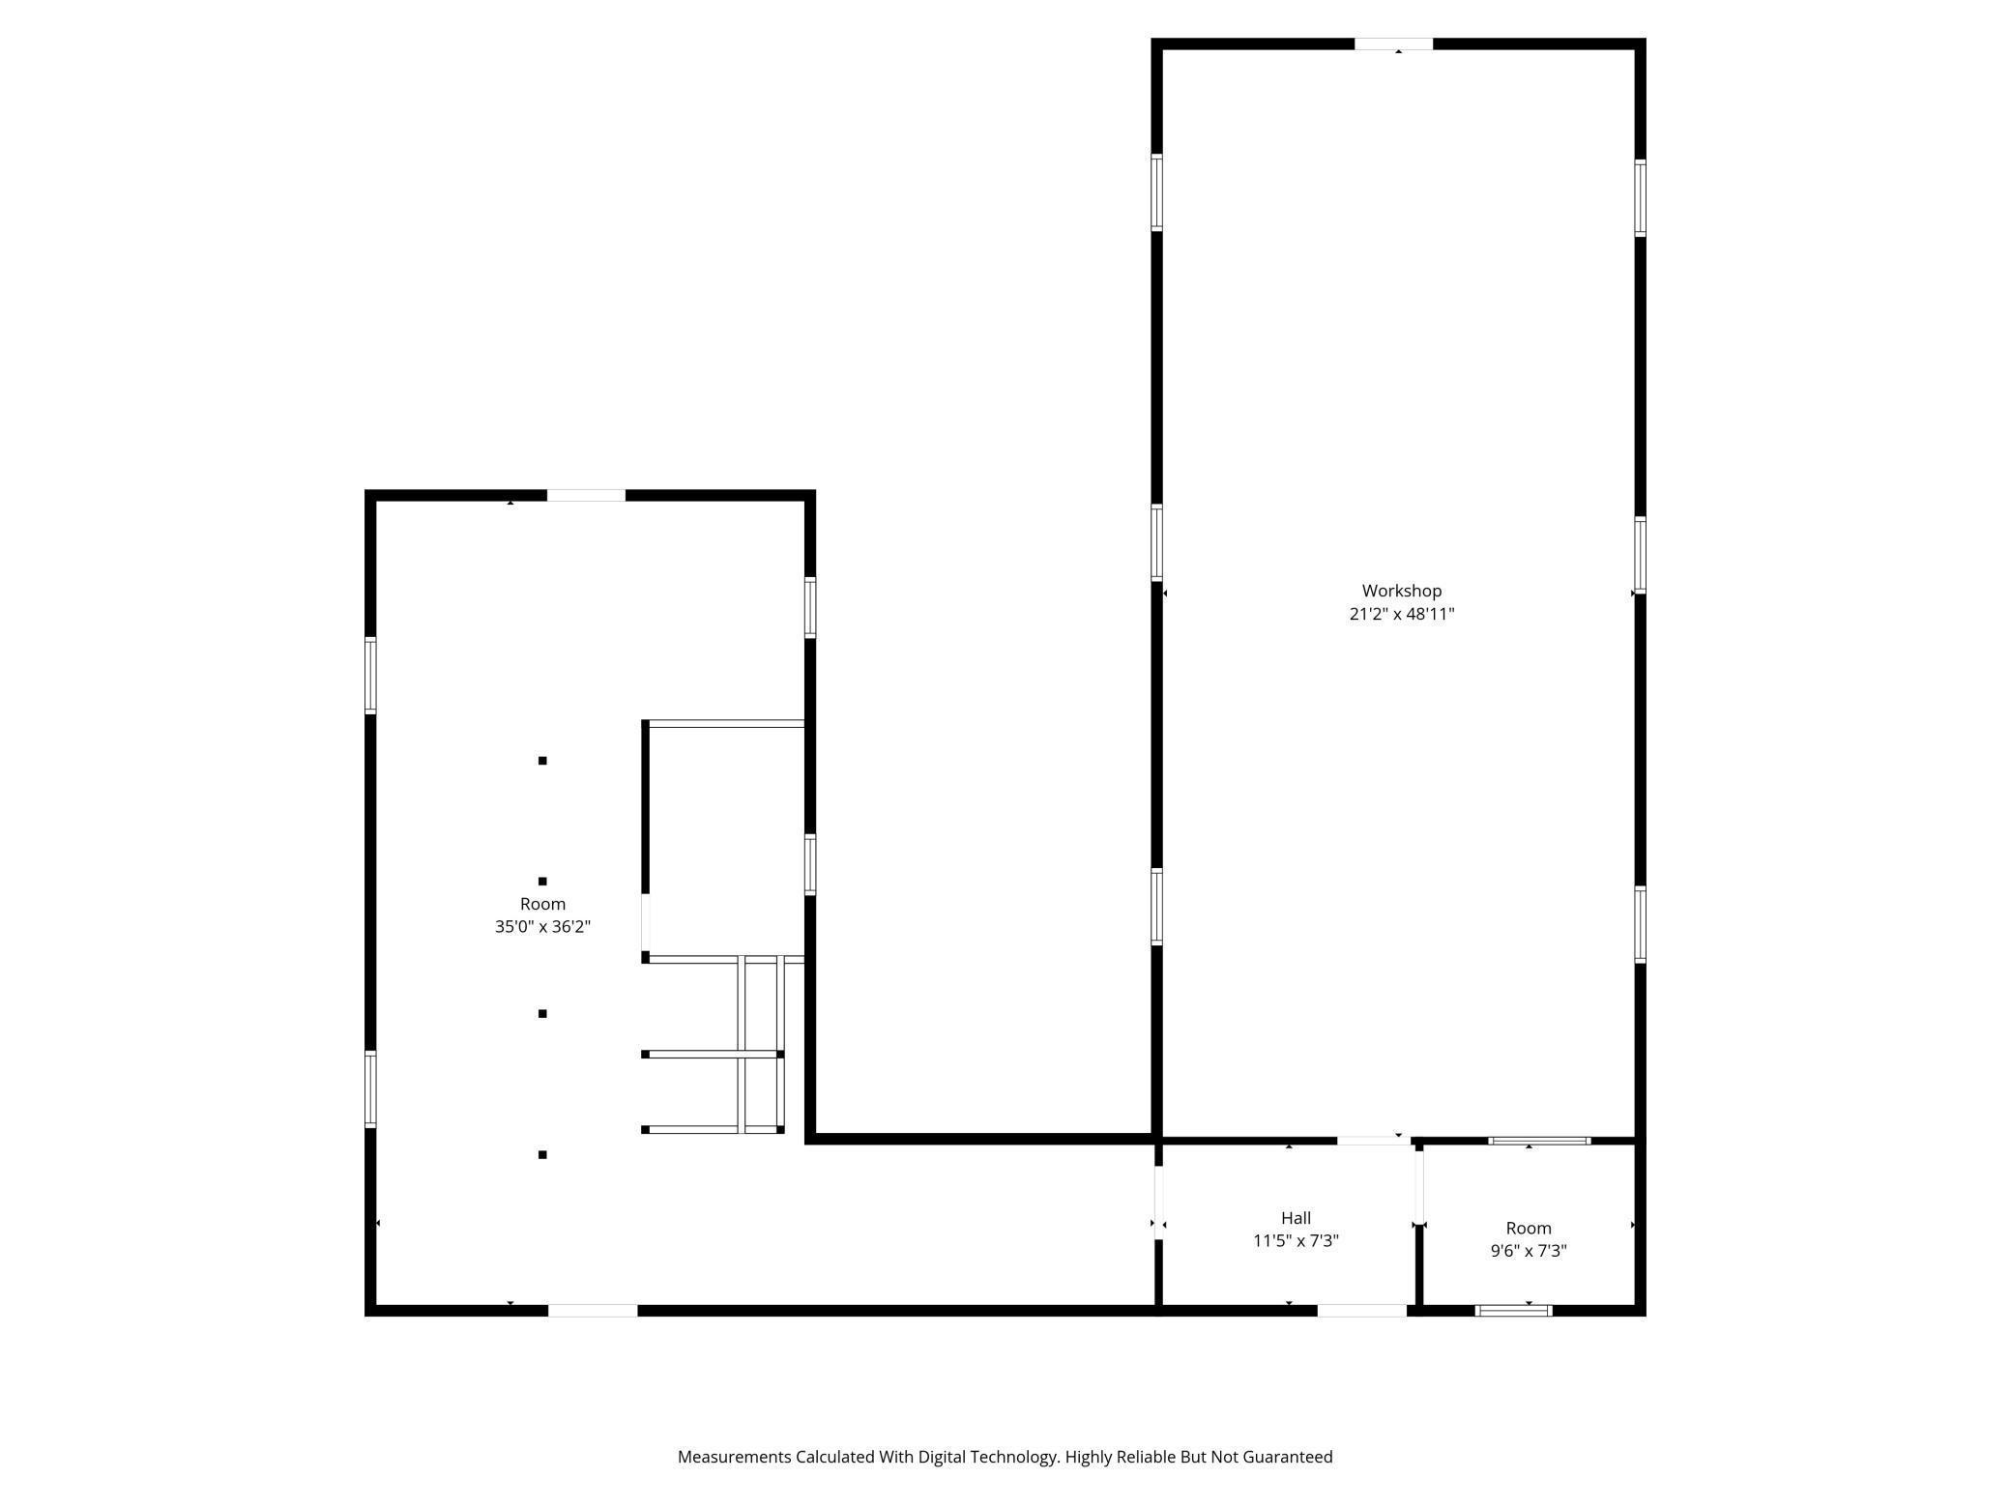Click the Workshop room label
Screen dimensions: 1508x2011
pyautogui.click(x=1401, y=591)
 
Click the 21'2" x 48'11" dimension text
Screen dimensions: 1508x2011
pyautogui.click(x=1401, y=614)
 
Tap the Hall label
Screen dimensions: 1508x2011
pyautogui.click(x=1296, y=1218)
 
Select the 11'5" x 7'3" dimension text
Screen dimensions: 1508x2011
pyautogui.click(x=1296, y=1241)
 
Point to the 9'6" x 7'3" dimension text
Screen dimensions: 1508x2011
pyautogui.click(x=1528, y=1251)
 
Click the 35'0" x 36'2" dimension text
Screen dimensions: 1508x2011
pyautogui.click(x=542, y=927)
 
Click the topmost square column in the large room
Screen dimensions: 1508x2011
pyautogui.click(x=542, y=761)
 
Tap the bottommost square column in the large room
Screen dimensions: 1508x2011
pyautogui.click(x=542, y=1154)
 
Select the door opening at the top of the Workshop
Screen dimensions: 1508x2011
pyautogui.click(x=1392, y=44)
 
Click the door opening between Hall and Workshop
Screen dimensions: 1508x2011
pyautogui.click(x=1373, y=1141)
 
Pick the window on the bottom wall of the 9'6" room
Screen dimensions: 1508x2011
pyautogui.click(x=1513, y=1311)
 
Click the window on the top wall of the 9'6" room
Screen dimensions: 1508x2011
pyautogui.click(x=1539, y=1141)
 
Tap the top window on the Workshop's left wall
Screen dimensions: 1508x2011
pyautogui.click(x=1156, y=192)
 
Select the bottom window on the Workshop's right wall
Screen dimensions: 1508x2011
pyautogui.click(x=1640, y=924)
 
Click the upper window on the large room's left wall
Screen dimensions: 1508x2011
pyautogui.click(x=370, y=676)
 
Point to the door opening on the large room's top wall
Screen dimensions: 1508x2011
pyautogui.click(x=586, y=496)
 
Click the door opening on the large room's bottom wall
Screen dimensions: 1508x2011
pyautogui.click(x=593, y=1311)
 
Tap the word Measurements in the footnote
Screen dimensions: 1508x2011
pyautogui.click(x=735, y=1457)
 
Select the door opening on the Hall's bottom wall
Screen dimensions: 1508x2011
pyautogui.click(x=1361, y=1311)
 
